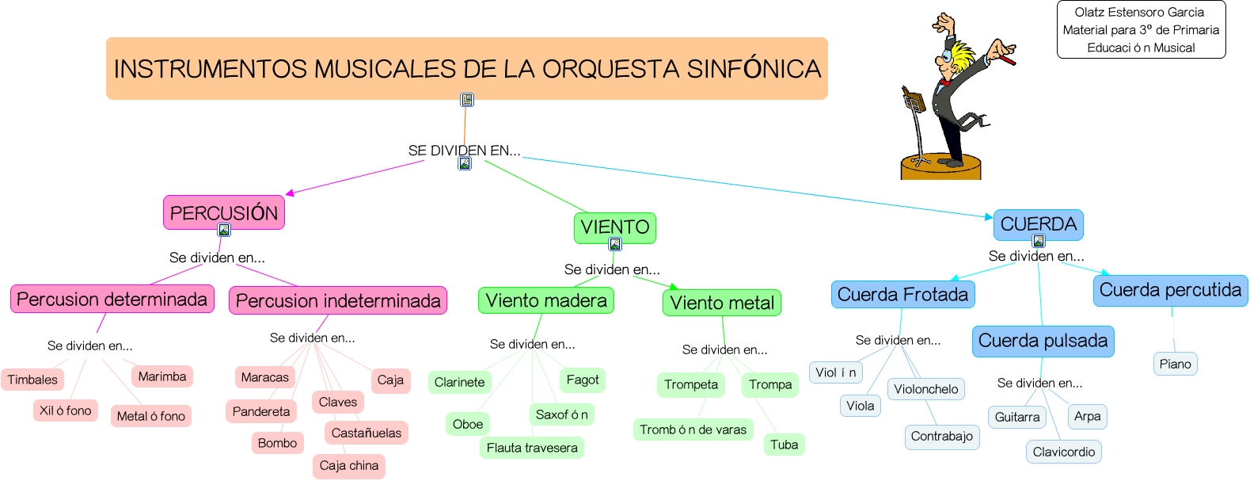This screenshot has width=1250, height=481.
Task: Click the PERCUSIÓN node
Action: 223,212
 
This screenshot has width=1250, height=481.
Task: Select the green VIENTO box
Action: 614,227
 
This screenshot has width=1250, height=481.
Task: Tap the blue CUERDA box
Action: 1038,224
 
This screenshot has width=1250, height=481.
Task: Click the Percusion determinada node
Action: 112,299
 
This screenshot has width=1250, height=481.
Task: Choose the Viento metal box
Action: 721,303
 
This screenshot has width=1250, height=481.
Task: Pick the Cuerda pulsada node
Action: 1043,341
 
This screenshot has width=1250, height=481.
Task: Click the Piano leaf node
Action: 1175,364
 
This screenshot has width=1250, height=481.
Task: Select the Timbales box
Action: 32,380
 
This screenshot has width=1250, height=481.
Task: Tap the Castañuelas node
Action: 366,433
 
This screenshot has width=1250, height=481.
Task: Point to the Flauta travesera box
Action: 531,448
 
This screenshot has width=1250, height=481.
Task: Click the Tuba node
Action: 784,445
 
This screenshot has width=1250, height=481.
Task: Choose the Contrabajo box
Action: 941,437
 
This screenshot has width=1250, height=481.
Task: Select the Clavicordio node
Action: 1063,452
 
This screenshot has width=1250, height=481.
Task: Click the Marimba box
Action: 161,376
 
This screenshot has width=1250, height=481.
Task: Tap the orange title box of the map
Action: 466,68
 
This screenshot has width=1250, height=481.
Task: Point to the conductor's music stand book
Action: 914,101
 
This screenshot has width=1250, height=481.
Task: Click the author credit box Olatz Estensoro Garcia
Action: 1141,30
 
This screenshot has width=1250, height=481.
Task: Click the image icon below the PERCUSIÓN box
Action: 224,230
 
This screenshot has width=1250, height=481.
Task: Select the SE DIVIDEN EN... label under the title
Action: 464,151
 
